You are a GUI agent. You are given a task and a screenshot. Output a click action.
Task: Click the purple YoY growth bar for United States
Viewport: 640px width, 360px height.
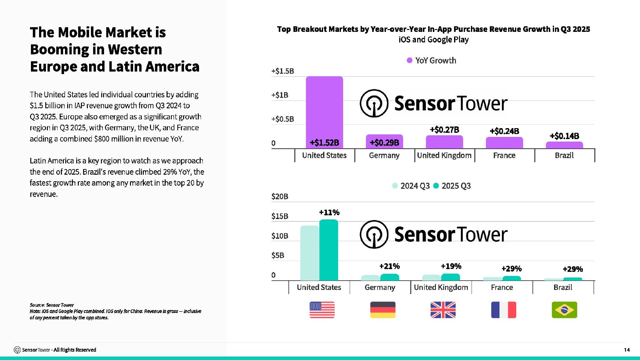pyautogui.click(x=324, y=109)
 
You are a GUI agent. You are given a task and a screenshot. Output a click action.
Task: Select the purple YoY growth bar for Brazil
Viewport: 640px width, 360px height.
pyautogui.click(x=564, y=145)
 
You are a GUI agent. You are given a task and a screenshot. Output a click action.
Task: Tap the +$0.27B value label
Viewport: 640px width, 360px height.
pyautogui.click(x=444, y=130)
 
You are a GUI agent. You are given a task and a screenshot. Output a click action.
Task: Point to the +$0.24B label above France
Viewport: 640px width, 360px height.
pyautogui.click(x=504, y=131)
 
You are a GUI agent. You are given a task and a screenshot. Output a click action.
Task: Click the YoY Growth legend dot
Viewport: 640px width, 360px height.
pyautogui.click(x=409, y=60)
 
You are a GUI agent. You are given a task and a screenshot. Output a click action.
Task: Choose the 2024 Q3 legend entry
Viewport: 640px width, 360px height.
pyautogui.click(x=411, y=186)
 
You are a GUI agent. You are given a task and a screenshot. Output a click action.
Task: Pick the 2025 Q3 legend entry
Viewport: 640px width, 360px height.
pyautogui.click(x=452, y=186)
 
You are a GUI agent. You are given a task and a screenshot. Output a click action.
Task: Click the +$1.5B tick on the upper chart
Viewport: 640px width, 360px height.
pyautogui.click(x=282, y=71)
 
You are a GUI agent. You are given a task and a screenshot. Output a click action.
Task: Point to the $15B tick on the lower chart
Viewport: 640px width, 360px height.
pyautogui.click(x=280, y=216)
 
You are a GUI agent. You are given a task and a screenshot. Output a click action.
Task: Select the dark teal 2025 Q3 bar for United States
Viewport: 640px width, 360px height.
pyautogui.click(x=328, y=250)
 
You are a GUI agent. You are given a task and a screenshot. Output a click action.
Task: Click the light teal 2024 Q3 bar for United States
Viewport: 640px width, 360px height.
pyautogui.click(x=309, y=253)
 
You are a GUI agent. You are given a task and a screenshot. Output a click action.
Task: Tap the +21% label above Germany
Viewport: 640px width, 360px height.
pyautogui.click(x=389, y=266)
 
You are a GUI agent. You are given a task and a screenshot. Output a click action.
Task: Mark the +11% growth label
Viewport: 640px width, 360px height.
pyautogui.click(x=329, y=212)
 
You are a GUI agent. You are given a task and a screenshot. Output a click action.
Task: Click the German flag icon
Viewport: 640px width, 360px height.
pyautogui.click(x=382, y=310)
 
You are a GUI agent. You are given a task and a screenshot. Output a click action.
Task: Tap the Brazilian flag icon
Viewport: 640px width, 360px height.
pyautogui.click(x=564, y=310)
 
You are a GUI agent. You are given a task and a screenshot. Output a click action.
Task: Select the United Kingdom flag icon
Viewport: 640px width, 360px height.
pyautogui.click(x=443, y=310)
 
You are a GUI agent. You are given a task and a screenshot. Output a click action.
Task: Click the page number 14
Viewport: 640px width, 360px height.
pyautogui.click(x=627, y=350)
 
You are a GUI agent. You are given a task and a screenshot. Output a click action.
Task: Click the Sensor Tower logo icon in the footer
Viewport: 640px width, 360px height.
pyautogui.click(x=17, y=350)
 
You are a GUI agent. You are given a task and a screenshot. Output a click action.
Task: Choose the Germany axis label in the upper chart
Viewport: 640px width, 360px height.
pyautogui.click(x=384, y=155)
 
